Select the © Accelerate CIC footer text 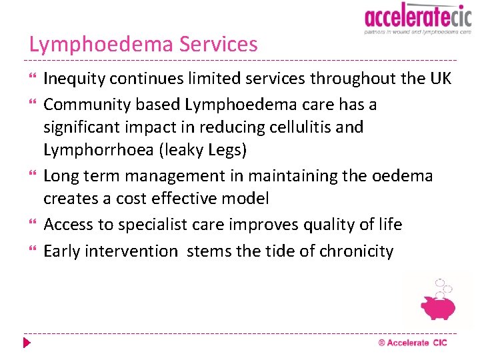[x=413, y=343]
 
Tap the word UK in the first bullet [x=440, y=79]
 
